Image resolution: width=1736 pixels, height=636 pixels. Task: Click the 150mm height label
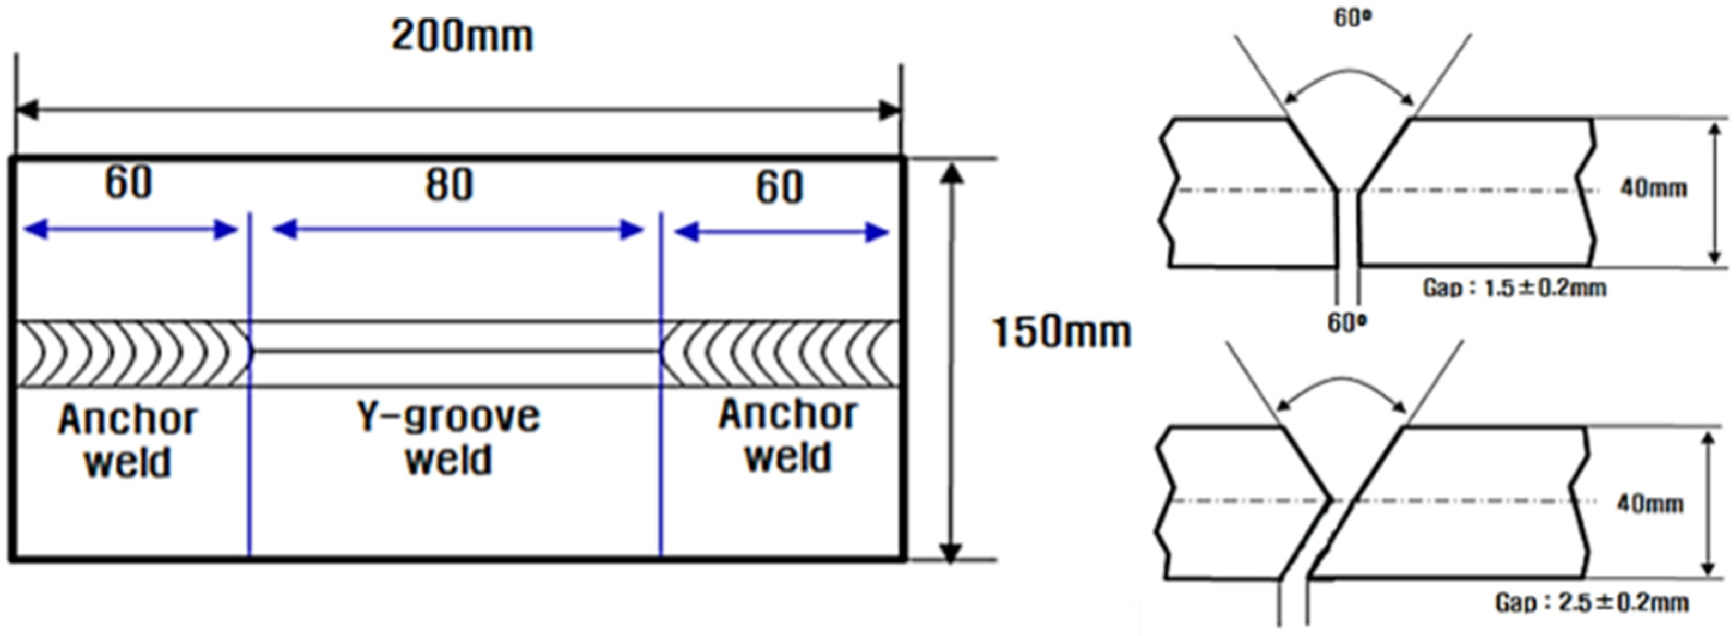[x=1062, y=333]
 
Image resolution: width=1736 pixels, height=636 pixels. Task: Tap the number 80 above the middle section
[x=449, y=185]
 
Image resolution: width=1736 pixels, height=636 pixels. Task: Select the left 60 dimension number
[x=128, y=182]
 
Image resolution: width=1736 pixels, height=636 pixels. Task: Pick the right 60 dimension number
[x=779, y=188]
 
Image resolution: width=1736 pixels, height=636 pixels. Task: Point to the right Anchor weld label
[x=788, y=435]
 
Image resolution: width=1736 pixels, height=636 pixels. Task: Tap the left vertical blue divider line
[x=250, y=472]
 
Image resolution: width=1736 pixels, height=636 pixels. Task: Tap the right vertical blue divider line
[x=660, y=472]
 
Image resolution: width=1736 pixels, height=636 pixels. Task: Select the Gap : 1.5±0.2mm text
[x=1514, y=289]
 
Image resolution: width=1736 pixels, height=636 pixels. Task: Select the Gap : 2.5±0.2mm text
[x=1592, y=602]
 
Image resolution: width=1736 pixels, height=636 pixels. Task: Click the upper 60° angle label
[x=1352, y=18]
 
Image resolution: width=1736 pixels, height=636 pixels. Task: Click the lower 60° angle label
[x=1347, y=324]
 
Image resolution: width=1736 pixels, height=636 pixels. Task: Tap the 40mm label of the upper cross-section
[x=1653, y=188]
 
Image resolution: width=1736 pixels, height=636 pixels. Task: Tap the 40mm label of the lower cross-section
[x=1649, y=503]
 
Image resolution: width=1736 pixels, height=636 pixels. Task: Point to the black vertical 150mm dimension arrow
[x=950, y=364]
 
